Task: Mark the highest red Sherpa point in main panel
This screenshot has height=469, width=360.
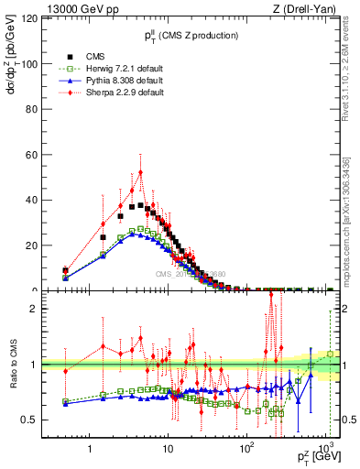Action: pos(140,171)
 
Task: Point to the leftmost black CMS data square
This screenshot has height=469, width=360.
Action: pos(65,271)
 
